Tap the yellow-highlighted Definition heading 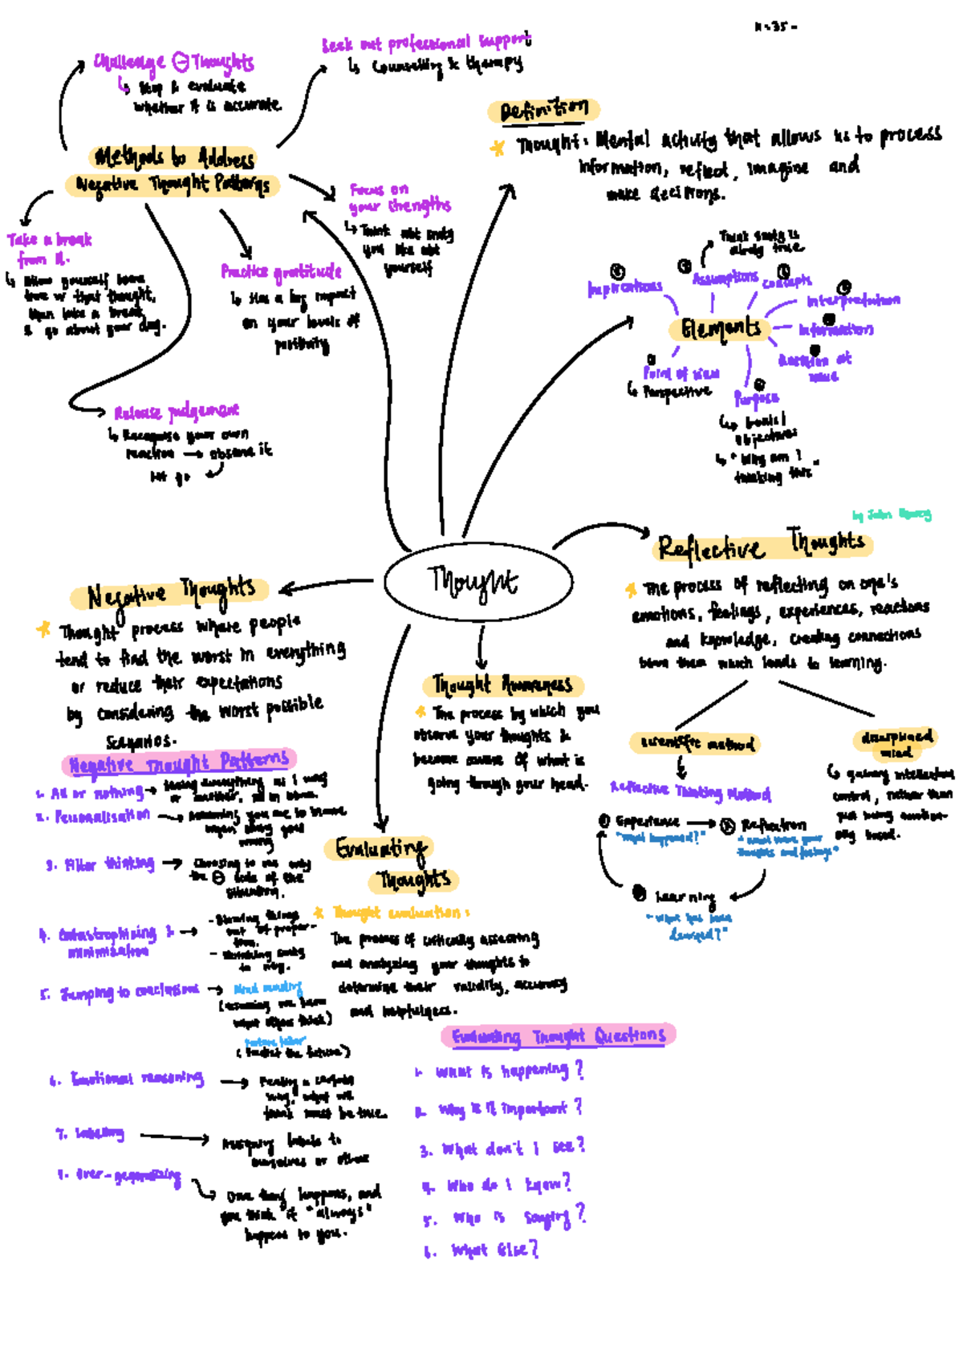click(x=544, y=110)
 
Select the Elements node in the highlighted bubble click(x=720, y=328)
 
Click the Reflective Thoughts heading click(x=761, y=546)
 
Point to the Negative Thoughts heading click(x=169, y=594)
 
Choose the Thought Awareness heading click(x=502, y=685)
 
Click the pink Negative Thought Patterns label click(x=179, y=762)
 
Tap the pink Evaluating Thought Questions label click(x=558, y=1036)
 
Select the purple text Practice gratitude click(x=281, y=272)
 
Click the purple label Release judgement click(x=176, y=413)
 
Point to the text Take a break click(x=50, y=240)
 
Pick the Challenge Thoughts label click(x=173, y=62)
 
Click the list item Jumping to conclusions click(x=128, y=991)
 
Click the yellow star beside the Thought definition click(x=498, y=148)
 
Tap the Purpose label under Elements click(x=756, y=398)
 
